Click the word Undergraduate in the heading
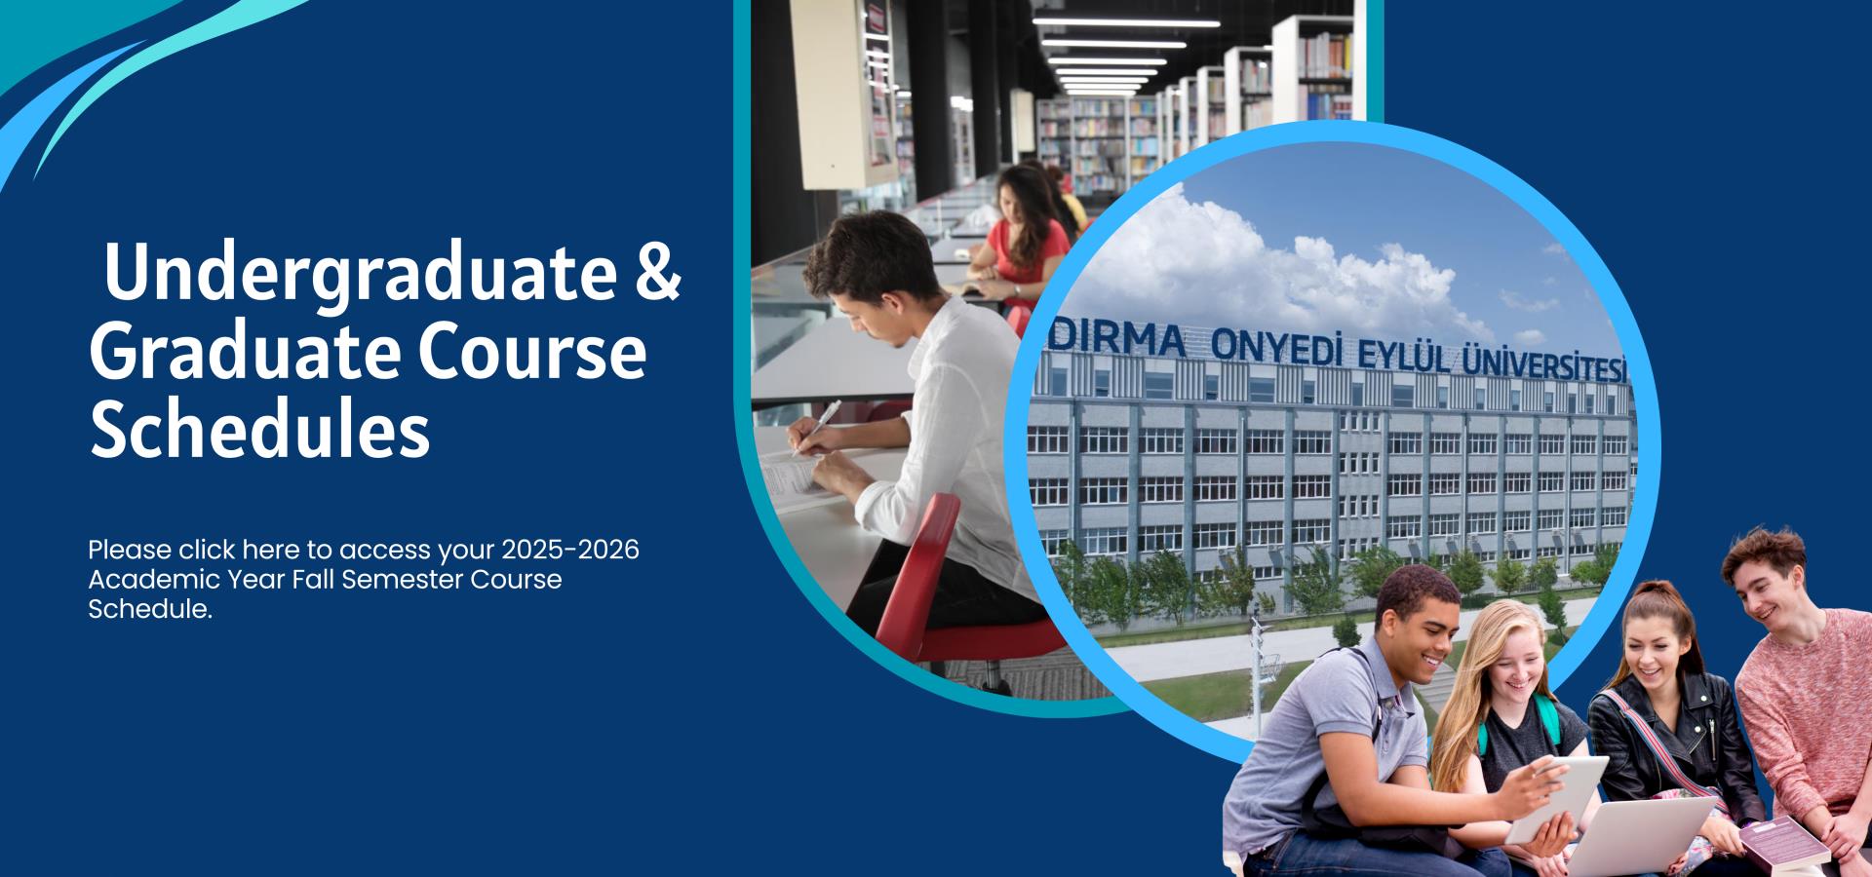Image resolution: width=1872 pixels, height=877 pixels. coord(360,276)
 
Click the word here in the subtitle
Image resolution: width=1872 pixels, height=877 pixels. coord(270,550)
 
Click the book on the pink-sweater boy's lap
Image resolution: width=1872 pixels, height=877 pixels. coord(1783,845)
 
